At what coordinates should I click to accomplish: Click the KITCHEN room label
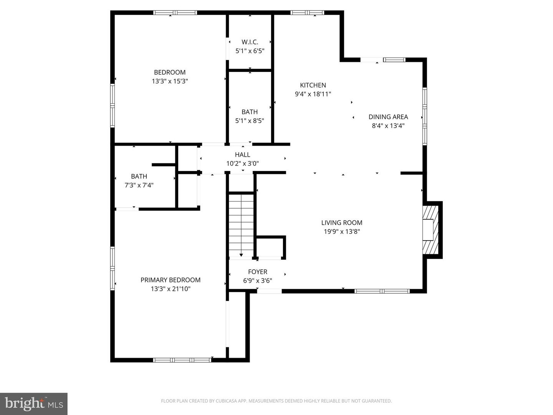click(313, 85)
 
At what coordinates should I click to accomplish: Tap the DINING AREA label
click(388, 117)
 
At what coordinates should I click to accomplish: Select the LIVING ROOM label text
click(341, 222)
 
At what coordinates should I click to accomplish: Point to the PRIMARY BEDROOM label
click(171, 280)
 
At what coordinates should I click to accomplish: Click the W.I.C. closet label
click(250, 42)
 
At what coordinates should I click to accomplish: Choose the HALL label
click(242, 154)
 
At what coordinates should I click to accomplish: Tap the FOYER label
click(257, 272)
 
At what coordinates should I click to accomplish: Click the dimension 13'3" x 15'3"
click(170, 81)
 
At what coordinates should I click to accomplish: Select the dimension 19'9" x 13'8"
click(341, 231)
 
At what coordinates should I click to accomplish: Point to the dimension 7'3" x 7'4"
click(139, 185)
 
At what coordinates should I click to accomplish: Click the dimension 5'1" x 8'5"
click(250, 121)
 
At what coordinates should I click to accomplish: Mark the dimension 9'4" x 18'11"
click(313, 94)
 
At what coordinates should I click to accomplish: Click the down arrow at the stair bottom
click(241, 254)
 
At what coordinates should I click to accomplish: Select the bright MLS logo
click(34, 403)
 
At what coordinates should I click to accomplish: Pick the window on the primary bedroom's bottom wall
click(182, 360)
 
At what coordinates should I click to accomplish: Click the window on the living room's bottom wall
click(382, 291)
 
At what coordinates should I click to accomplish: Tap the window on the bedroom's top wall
click(175, 13)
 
